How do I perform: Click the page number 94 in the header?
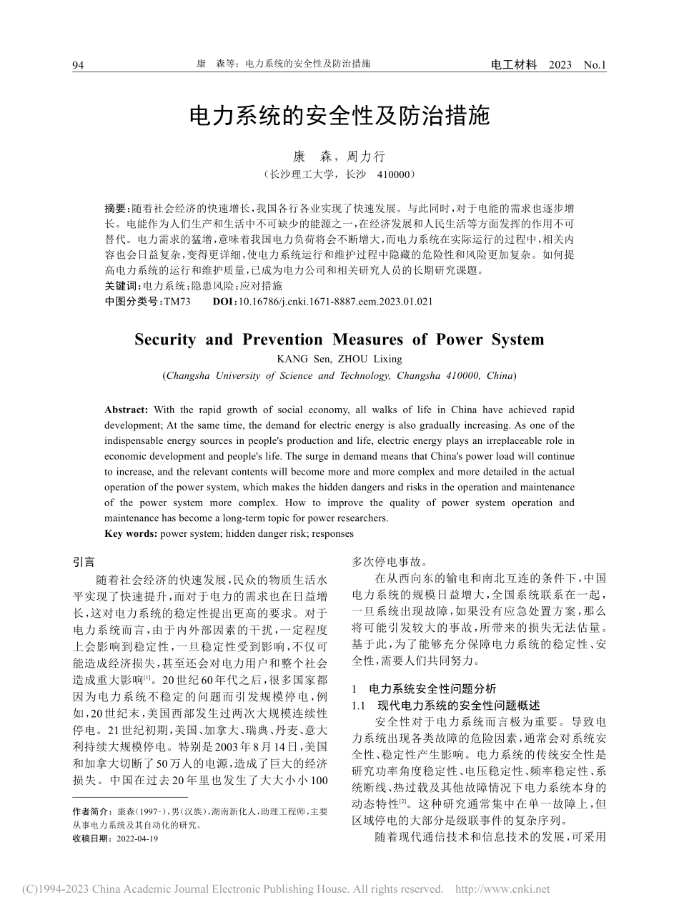(78, 65)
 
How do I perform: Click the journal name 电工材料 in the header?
(513, 64)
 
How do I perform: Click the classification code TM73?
(177, 302)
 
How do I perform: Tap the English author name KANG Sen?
(300, 359)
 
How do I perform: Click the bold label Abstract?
(127, 410)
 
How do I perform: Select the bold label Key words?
(131, 533)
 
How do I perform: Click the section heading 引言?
(84, 562)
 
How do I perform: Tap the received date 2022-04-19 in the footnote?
(136, 839)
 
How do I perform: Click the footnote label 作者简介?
(92, 811)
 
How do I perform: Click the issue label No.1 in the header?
(594, 65)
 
